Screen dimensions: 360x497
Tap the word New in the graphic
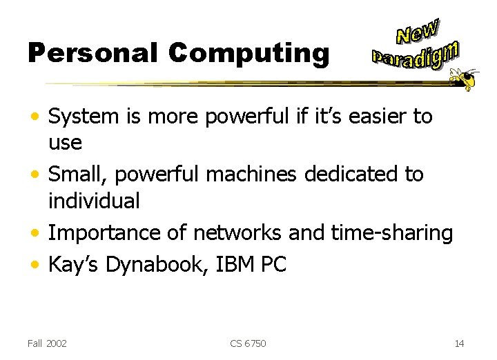click(x=418, y=31)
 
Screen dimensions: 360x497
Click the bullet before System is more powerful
click(x=37, y=117)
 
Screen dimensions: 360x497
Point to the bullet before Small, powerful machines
click(x=37, y=175)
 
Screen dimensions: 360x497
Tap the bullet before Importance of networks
click(x=37, y=234)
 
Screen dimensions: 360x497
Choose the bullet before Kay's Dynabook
click(x=37, y=265)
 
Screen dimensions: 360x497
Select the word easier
click(x=375, y=117)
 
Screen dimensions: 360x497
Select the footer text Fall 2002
click(x=48, y=343)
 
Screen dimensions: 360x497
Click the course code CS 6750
click(x=248, y=343)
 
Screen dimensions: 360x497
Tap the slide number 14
click(x=460, y=343)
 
